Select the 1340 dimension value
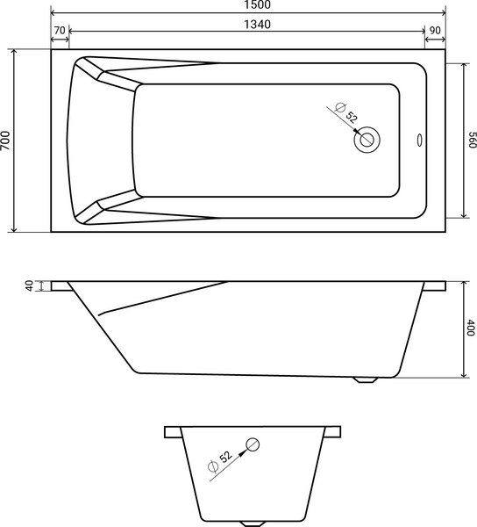pos(251,25)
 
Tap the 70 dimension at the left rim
pos(60,31)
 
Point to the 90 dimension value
pos(434,31)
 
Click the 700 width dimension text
pos(7,141)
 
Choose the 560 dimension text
pos(471,141)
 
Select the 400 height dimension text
pos(470,328)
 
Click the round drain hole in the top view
pos(367,139)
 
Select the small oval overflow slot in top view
pos(418,139)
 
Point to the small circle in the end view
pos(253,444)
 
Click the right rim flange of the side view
pos(433,286)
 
